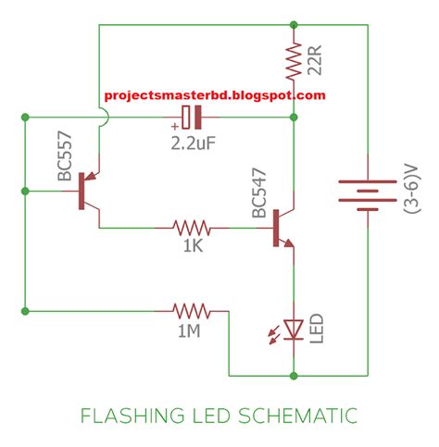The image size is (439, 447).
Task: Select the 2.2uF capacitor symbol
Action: (x=191, y=118)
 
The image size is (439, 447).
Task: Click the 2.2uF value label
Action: (x=194, y=143)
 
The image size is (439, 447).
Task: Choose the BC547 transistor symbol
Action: (x=282, y=226)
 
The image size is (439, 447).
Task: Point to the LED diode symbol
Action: (x=294, y=329)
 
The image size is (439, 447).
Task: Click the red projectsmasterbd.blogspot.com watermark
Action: (x=215, y=95)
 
